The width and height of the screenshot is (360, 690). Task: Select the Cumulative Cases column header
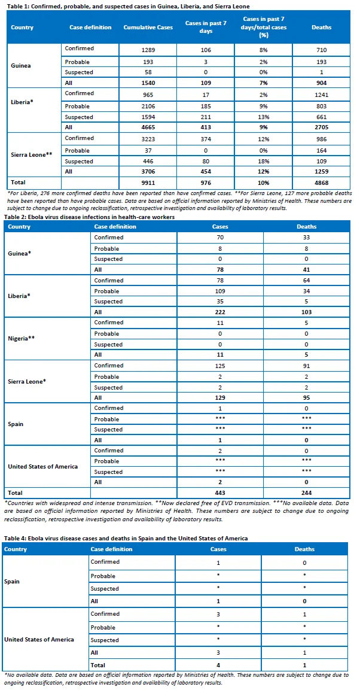point(148,28)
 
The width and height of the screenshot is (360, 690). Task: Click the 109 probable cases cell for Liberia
point(219,291)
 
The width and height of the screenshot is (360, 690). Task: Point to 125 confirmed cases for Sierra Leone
point(219,366)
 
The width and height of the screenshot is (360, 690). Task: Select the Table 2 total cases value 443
point(219,493)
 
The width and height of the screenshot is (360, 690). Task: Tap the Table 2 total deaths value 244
point(306,493)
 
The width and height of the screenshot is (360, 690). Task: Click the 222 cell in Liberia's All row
point(219,312)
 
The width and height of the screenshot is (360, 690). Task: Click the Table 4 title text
point(125,538)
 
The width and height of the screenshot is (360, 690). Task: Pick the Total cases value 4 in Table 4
point(218,665)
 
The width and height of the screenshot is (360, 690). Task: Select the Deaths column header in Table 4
point(304,549)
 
